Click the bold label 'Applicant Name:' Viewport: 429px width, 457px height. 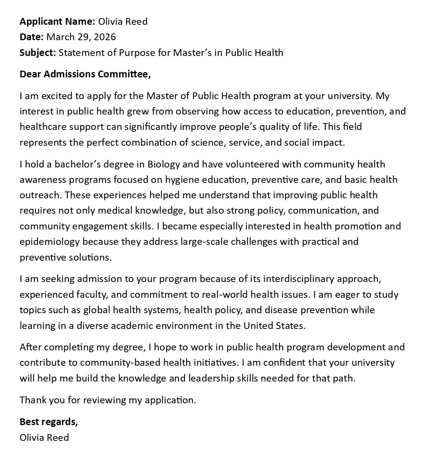tap(57, 21)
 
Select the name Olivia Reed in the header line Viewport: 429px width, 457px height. tap(123, 21)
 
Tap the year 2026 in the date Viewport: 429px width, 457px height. tap(105, 37)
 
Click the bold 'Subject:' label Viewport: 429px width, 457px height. tap(38, 53)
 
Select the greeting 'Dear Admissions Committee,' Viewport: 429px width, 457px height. tap(85, 74)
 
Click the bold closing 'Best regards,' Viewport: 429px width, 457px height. tap(49, 422)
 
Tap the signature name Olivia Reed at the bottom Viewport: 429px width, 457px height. tap(44, 437)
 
